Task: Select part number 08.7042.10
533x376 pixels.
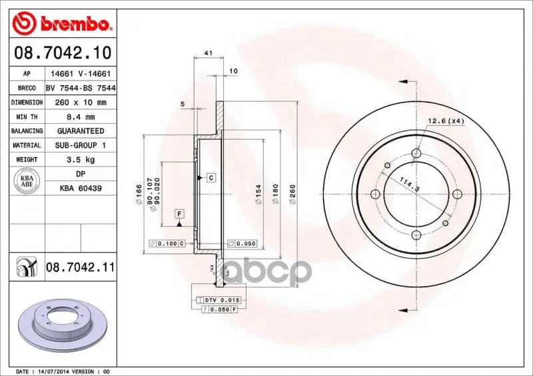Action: point(63,53)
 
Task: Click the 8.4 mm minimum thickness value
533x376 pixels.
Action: point(81,117)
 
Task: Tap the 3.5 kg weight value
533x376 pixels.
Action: point(81,160)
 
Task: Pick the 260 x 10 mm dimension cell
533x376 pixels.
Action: point(81,102)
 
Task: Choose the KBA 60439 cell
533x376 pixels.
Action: point(81,188)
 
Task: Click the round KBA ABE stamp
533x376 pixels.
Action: point(27,181)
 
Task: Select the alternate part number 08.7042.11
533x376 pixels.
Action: point(80,268)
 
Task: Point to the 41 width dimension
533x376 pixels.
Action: point(209,53)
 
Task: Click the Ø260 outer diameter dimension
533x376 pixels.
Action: point(292,194)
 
